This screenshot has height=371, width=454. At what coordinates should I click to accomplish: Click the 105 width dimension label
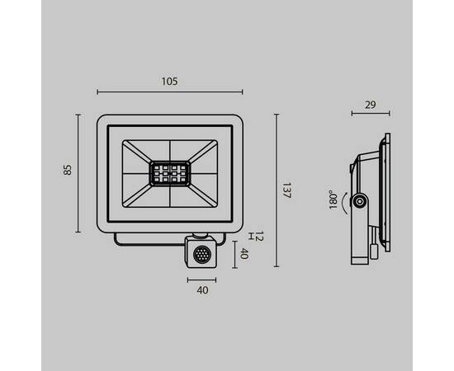tap(170, 81)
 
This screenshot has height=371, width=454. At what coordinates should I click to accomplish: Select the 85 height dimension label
tap(68, 171)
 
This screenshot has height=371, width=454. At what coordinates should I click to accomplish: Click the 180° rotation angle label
tap(332, 200)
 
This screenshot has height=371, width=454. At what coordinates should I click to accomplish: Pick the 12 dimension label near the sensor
tap(258, 237)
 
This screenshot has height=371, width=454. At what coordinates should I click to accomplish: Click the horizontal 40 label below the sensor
tap(202, 289)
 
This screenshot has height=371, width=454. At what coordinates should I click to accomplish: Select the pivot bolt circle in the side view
tap(360, 201)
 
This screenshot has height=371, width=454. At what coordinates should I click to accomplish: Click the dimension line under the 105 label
tap(170, 92)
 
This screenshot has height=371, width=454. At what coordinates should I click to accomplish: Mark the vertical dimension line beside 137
tap(277, 190)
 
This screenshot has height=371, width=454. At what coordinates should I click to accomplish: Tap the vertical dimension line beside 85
tap(78, 173)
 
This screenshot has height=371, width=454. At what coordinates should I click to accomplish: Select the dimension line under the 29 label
tap(369, 114)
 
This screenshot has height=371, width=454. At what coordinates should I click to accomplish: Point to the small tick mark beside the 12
tap(248, 237)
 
